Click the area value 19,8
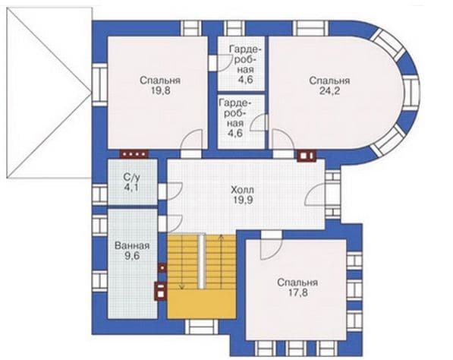(x=160, y=91)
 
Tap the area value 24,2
(x=329, y=91)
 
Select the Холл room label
(x=242, y=190)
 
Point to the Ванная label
(x=132, y=246)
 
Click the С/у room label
(x=131, y=177)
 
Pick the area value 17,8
(x=298, y=292)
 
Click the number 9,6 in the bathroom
(x=132, y=256)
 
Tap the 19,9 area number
(x=242, y=200)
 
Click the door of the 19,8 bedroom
(x=191, y=140)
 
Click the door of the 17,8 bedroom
(x=271, y=245)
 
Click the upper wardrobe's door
(x=223, y=63)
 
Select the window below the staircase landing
(x=202, y=327)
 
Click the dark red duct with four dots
(x=134, y=154)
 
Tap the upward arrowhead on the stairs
(x=222, y=238)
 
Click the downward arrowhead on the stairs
(x=181, y=286)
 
